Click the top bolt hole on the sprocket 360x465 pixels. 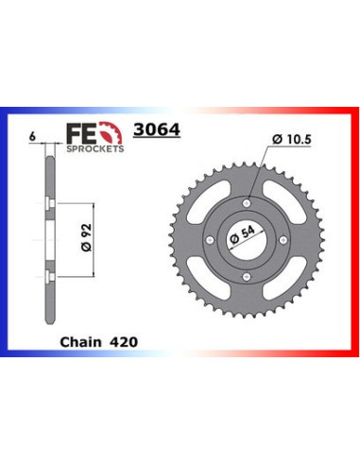[247, 202]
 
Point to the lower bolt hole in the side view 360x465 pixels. [48, 276]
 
